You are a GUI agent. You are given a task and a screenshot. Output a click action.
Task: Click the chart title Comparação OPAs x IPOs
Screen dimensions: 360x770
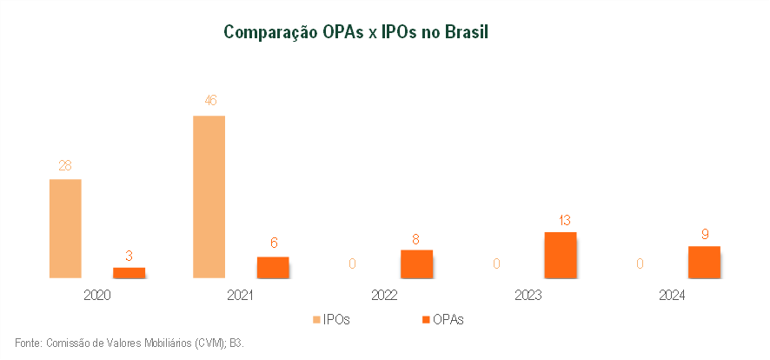(356, 33)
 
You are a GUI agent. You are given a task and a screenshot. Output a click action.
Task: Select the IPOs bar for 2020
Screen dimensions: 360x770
(65, 229)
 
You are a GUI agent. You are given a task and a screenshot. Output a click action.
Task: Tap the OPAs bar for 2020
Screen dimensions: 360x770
(129, 272)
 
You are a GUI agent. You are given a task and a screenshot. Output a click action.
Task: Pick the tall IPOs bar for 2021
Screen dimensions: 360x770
(209, 197)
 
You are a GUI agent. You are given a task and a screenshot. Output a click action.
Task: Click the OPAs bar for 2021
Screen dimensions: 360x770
(273, 267)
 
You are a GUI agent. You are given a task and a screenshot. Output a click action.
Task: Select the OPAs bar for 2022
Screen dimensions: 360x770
(417, 263)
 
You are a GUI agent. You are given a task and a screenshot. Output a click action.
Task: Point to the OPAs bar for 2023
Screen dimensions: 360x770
(561, 255)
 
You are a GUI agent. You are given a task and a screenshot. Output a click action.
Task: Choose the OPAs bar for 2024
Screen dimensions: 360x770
(704, 262)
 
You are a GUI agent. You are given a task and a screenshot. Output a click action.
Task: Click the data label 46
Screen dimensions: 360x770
(209, 101)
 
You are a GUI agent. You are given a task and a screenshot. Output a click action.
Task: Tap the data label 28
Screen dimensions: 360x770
(65, 165)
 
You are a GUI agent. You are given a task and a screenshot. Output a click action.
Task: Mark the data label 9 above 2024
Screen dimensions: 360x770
(704, 233)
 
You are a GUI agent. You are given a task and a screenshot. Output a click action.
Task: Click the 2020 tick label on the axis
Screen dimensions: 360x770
(97, 296)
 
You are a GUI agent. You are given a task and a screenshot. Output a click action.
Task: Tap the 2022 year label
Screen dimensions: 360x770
(384, 296)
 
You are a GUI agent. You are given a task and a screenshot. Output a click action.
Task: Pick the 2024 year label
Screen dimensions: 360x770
(672, 296)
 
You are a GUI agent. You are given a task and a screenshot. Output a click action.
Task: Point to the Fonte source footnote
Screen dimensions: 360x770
(129, 343)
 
